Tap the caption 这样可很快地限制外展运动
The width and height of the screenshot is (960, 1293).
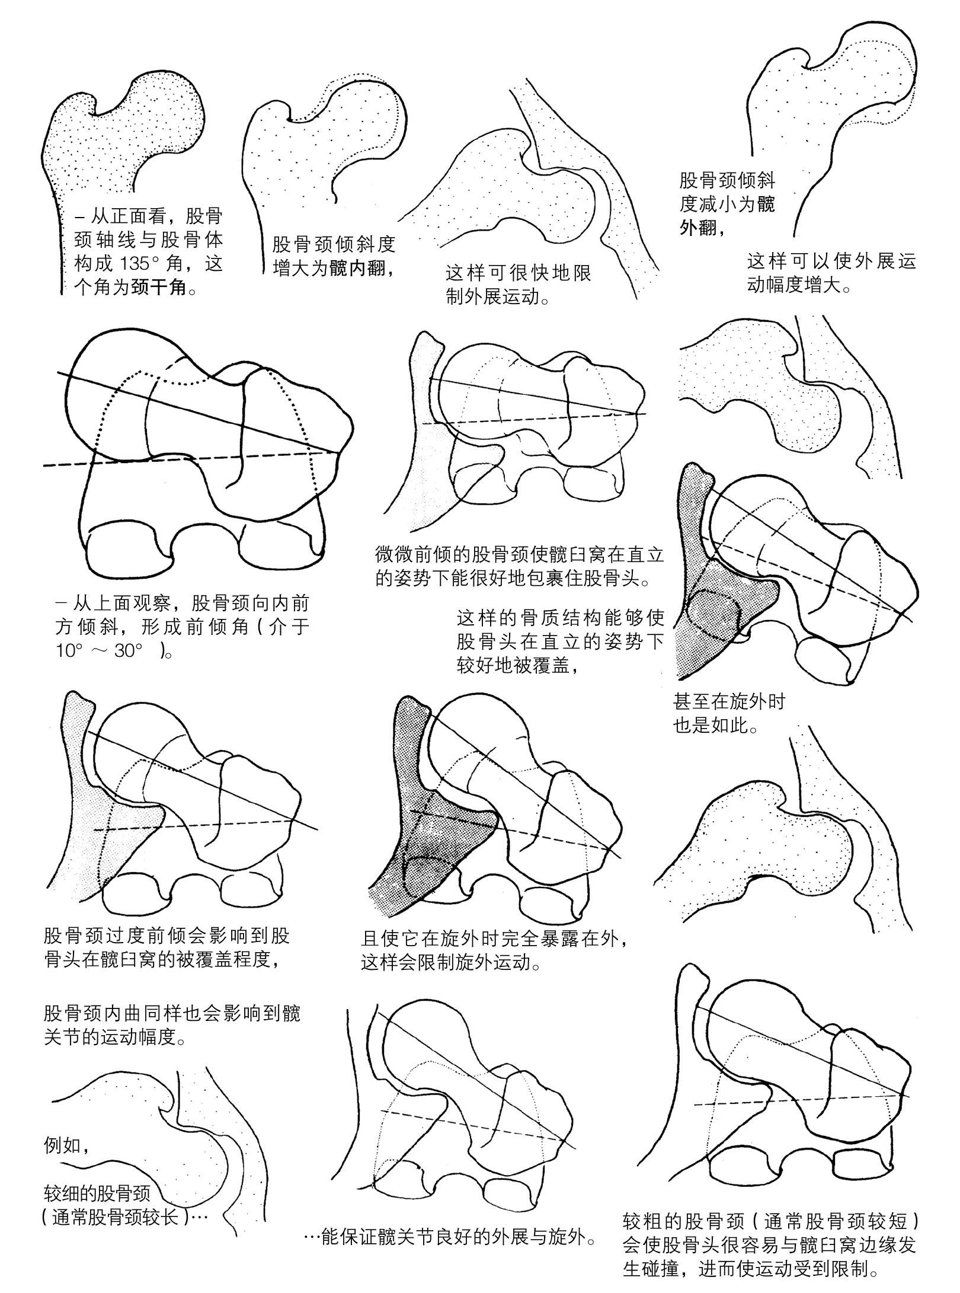pos(518,285)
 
